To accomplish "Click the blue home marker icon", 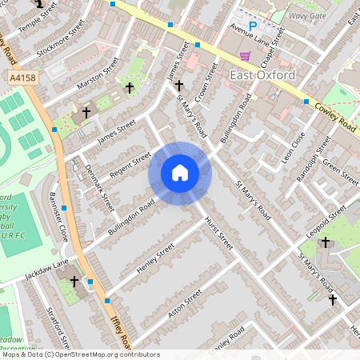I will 180,173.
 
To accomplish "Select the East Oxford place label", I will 262,75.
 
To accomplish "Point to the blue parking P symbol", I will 253,26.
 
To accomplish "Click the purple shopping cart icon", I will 245,56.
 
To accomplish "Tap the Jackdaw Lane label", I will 46,266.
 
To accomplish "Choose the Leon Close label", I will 293,147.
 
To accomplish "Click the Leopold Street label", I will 326,220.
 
